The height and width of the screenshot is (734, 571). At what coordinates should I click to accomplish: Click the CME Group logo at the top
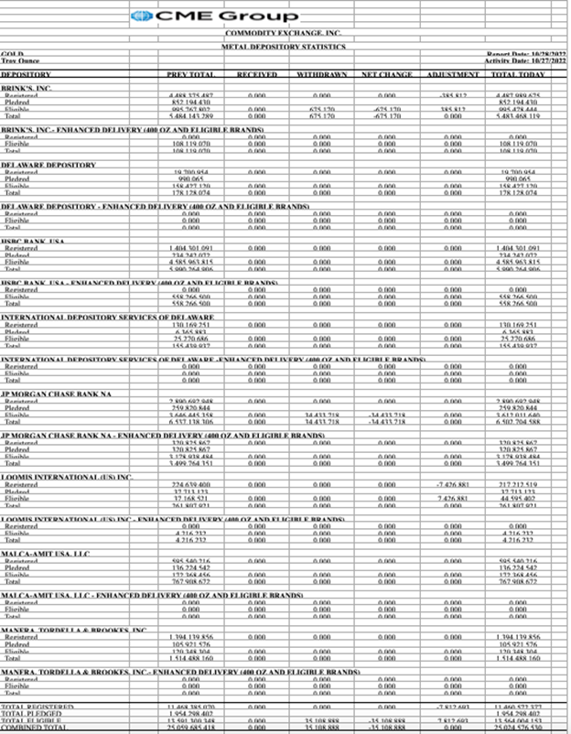214,16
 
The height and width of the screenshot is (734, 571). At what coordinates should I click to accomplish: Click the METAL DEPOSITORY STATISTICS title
283,46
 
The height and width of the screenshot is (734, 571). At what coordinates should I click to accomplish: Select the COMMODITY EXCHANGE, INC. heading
283,33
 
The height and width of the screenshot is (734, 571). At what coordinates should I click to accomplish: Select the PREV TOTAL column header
190,73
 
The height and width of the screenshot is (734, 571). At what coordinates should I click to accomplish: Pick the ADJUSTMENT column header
453,73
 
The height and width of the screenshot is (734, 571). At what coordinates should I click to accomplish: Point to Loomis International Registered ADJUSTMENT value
453,483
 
